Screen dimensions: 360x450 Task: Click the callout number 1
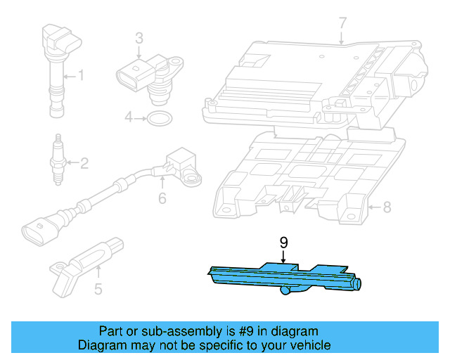(81, 74)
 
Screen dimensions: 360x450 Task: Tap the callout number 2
(84, 165)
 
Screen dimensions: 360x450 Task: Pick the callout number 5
(98, 288)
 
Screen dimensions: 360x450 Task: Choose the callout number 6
(162, 198)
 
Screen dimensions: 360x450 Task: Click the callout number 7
(342, 24)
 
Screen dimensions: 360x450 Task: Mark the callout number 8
(385, 207)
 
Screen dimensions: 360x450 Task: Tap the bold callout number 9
(283, 243)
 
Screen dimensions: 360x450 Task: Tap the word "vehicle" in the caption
(307, 345)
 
